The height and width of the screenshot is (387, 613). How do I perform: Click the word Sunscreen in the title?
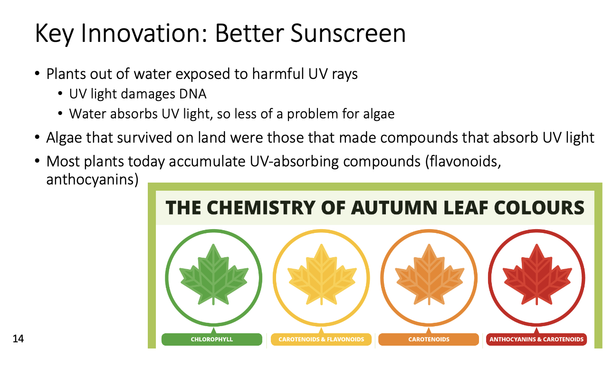coord(348,33)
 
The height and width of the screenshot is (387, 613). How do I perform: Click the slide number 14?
coord(18,339)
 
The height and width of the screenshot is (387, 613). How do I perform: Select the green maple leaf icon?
coord(214,274)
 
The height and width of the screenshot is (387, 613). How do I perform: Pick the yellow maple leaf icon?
coord(322,274)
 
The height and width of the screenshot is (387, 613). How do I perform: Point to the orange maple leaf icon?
coord(429,274)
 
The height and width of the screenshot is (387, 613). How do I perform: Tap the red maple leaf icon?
coord(537,274)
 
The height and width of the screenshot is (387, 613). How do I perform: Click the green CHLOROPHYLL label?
coord(212,339)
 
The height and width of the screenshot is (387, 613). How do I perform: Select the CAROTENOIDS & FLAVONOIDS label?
coord(321,339)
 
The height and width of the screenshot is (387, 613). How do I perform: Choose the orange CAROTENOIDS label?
coord(429,339)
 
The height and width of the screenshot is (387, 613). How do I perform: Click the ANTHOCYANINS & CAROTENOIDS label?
coord(536,339)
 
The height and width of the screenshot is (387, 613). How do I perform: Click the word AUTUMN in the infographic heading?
coord(394,208)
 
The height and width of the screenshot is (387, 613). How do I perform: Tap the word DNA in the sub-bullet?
coord(192,94)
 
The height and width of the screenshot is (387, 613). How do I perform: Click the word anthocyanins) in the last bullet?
coord(92,180)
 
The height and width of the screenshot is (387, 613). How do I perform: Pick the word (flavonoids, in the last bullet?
coord(463,161)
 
